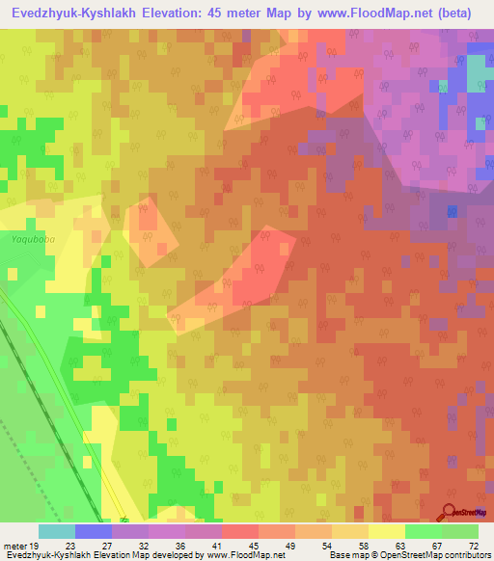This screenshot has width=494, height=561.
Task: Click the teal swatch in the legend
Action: tap(57, 531)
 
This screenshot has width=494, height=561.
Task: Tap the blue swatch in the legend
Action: tap(94, 531)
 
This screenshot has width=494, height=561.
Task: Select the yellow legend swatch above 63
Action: tap(387, 531)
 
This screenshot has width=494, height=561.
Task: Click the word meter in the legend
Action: tap(14, 545)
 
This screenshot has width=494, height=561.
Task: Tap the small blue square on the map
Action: tap(452, 209)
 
